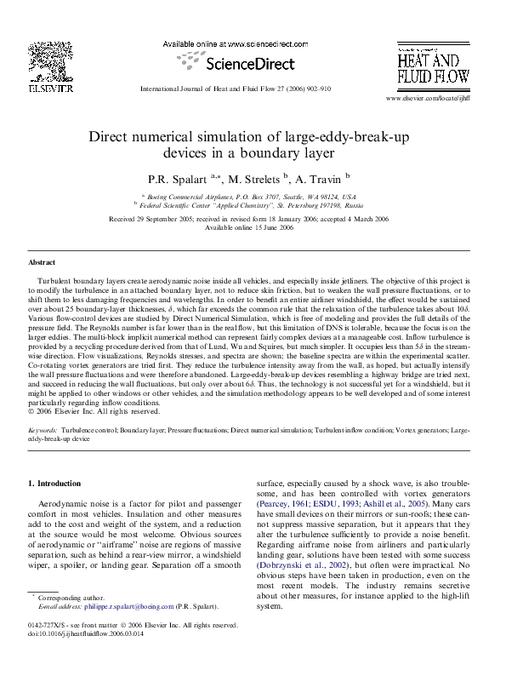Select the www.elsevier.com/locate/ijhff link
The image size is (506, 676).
[429, 99]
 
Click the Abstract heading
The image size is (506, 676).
[42, 263]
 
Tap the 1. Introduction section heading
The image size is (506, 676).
[54, 484]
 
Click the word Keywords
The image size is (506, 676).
[43, 433]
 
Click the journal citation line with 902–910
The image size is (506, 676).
[235, 89]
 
